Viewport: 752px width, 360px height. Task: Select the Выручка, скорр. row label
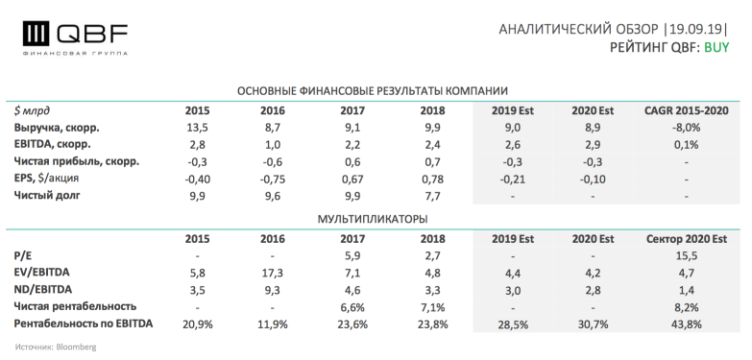58,128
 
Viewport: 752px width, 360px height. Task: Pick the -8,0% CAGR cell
685,128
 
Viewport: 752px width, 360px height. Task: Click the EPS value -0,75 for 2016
273,180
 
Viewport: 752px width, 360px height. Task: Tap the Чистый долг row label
48,197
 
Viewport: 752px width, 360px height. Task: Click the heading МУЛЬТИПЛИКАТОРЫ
372,219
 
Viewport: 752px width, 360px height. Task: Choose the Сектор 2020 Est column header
685,237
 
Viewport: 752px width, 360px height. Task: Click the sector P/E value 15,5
685,255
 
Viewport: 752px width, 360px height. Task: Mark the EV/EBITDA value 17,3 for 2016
273,273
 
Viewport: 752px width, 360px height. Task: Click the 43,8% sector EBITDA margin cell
685,324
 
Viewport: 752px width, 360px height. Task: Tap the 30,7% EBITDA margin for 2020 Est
594,324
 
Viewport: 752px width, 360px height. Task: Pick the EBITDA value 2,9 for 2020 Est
594,145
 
